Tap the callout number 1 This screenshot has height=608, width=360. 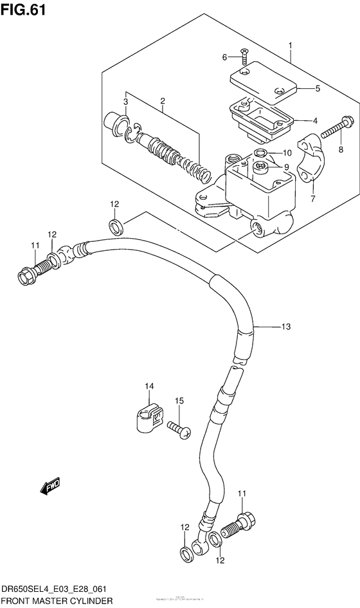click(x=291, y=45)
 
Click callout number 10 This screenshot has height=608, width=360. click(x=287, y=153)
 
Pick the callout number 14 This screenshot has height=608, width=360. click(x=149, y=386)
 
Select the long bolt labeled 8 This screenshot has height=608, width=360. click(x=334, y=126)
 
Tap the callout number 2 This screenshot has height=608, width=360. click(x=163, y=101)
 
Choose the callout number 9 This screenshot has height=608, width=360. click(x=286, y=167)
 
